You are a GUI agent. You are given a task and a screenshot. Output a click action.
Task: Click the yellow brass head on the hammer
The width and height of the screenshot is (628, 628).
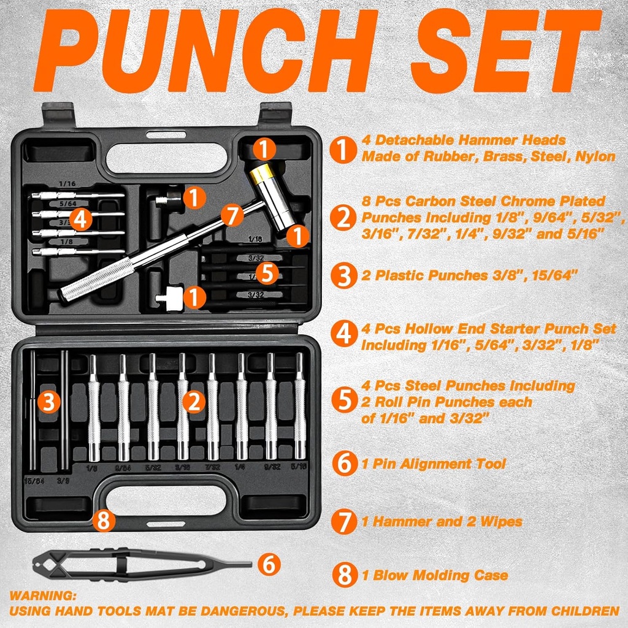(x=261, y=175)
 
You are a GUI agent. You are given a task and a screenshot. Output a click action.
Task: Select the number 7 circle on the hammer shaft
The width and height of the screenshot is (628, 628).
(x=231, y=216)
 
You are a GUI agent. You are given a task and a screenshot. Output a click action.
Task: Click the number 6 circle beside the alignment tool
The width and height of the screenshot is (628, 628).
(x=269, y=564)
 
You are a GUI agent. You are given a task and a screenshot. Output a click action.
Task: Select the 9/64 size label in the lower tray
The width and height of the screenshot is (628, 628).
(x=124, y=467)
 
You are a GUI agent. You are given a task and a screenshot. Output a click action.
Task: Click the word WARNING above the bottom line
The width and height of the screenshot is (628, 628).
(x=43, y=595)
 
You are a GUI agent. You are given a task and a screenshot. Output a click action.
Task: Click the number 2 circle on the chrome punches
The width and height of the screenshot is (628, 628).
(x=194, y=402)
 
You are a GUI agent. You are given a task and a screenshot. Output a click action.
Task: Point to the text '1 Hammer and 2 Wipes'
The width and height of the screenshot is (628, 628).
(x=442, y=521)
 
